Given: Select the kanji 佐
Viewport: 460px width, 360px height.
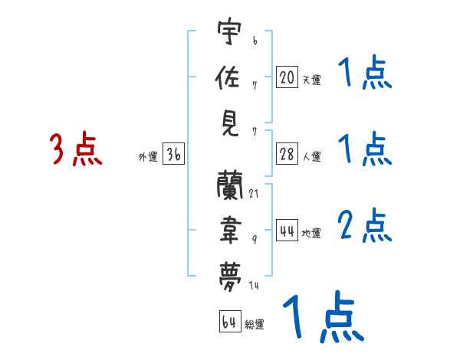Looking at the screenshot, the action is pyautogui.click(x=230, y=77).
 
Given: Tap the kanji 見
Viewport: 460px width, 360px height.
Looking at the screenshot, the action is pyautogui.click(x=230, y=123).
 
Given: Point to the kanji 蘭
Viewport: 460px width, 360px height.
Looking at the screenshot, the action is pyautogui.click(x=230, y=184).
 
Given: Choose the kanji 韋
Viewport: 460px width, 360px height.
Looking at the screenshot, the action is pyautogui.click(x=230, y=227).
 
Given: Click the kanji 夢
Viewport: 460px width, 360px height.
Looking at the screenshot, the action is pyautogui.click(x=230, y=272).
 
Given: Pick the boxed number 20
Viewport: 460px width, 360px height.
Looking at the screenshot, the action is pyautogui.click(x=287, y=77).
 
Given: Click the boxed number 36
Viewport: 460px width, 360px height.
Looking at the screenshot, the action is pyautogui.click(x=173, y=155).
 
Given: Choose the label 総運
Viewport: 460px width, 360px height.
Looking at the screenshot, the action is pyautogui.click(x=255, y=324).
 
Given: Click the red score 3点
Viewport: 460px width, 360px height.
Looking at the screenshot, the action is pyautogui.click(x=76, y=149).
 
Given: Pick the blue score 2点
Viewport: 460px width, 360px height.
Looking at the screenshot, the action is pyautogui.click(x=364, y=226).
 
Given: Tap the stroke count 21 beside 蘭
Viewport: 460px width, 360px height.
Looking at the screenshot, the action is pyautogui.click(x=254, y=192).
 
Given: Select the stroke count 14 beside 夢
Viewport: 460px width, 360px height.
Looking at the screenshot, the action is pyautogui.click(x=254, y=286).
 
